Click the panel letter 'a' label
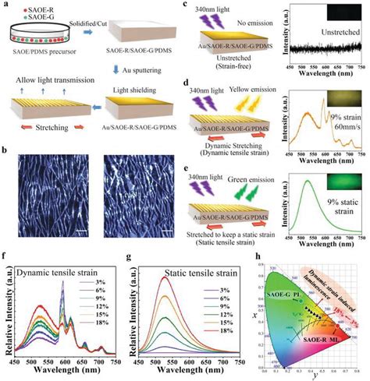[5, 5]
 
